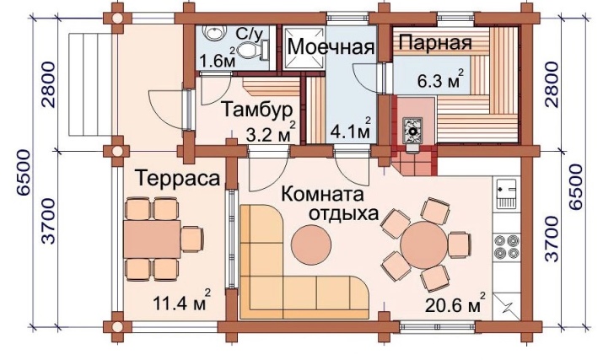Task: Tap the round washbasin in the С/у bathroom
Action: [213, 32]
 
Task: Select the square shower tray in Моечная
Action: [304, 48]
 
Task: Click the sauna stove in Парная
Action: [412, 131]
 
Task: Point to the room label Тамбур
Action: [257, 110]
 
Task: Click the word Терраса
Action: [178, 178]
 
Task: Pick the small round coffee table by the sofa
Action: [310, 244]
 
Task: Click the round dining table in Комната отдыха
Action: [424, 244]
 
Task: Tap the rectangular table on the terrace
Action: [152, 239]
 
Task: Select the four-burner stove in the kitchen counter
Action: [507, 246]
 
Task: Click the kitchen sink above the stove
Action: [507, 193]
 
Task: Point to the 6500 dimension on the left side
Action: [24, 173]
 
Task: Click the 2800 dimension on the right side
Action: [552, 84]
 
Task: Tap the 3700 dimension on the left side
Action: [49, 221]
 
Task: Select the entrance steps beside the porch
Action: [92, 84]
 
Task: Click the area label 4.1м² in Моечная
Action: [351, 129]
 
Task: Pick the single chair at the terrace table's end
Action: [192, 239]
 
